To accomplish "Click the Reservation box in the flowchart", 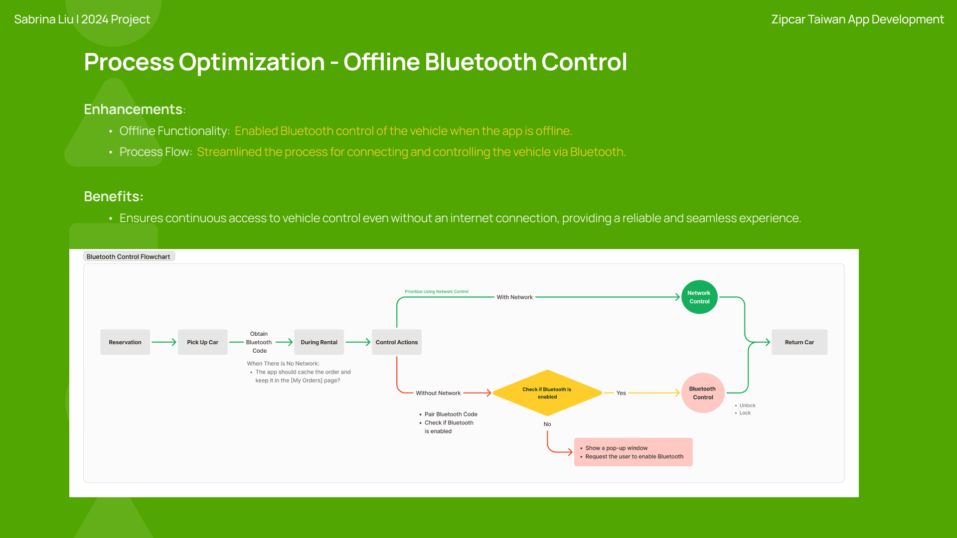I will (125, 342).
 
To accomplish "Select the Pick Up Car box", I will (202, 342).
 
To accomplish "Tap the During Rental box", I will (319, 342).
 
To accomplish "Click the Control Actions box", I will (397, 342).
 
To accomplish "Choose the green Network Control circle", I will (699, 297).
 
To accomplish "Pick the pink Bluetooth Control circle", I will (703, 393).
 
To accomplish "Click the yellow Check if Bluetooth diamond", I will (547, 393).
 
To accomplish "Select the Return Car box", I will (799, 342).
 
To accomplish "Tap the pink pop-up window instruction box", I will (633, 452).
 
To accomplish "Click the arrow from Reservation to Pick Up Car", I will (164, 342).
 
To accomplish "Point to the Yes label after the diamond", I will (621, 393).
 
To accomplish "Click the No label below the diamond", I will (547, 424).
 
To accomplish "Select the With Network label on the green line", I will (514, 297).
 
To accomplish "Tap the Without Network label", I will (438, 393).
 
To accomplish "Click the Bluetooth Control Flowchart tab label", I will (129, 257).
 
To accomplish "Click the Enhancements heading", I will (133, 109).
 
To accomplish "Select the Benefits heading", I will (113, 196).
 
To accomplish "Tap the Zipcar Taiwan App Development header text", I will (857, 19).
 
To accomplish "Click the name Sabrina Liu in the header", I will (44, 19).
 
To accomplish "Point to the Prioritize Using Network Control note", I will (437, 291).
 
